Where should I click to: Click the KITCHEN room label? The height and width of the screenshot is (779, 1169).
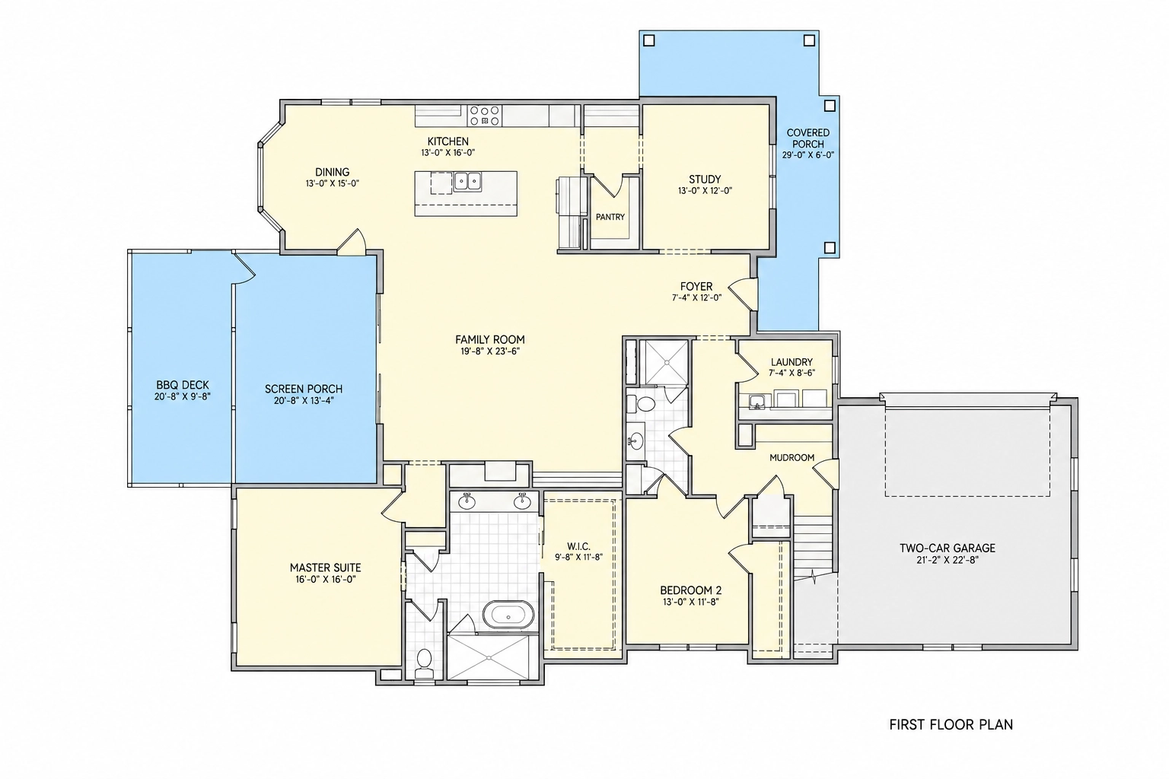(448, 141)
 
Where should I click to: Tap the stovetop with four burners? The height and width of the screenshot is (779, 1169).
(484, 116)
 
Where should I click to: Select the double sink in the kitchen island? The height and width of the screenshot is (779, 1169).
(467, 182)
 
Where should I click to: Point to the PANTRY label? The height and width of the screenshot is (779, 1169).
(610, 217)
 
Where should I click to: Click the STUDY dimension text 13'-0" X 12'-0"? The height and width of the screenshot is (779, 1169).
(705, 191)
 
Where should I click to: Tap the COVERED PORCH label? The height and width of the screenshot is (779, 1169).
(807, 138)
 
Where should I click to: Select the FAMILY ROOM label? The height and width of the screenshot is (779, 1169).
(489, 339)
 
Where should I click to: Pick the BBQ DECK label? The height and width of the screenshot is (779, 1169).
(182, 385)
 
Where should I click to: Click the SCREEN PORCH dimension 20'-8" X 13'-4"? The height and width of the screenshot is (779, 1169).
(303, 401)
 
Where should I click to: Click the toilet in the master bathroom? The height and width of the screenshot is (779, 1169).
(424, 663)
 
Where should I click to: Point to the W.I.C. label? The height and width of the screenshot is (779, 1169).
(578, 546)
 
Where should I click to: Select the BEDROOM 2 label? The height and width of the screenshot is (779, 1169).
(690, 590)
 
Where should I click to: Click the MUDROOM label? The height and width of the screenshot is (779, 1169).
(792, 458)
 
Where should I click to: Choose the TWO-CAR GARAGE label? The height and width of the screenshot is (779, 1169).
(948, 548)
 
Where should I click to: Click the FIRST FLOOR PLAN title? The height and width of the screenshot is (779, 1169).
(951, 724)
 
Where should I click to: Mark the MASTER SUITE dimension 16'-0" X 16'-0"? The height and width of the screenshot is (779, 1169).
(325, 579)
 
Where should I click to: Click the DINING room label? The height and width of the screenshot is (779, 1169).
(333, 172)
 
